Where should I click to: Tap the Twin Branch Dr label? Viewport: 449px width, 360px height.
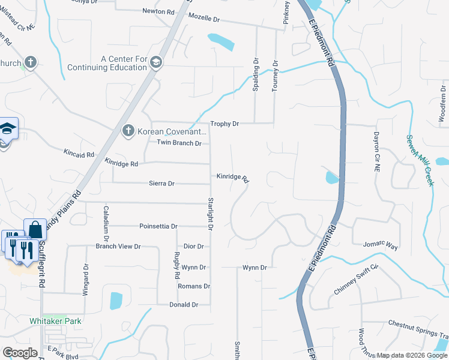(179, 143)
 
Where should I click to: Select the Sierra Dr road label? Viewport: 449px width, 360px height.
(162, 184)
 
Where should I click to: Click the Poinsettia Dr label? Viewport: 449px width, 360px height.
(158, 227)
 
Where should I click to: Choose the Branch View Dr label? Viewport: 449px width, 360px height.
(118, 247)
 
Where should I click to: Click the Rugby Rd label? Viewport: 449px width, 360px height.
(177, 267)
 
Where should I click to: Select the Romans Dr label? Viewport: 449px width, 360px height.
(194, 287)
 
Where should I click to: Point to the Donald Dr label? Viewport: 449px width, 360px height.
(184, 305)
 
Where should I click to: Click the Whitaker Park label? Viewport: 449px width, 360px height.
(55, 321)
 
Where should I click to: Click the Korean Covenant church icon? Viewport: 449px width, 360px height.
(127, 131)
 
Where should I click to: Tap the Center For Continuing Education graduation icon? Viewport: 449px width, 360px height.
(156, 63)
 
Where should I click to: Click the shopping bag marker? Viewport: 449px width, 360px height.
(35, 230)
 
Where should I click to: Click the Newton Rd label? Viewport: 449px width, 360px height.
(158, 11)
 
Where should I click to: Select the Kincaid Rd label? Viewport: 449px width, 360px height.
(79, 154)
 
